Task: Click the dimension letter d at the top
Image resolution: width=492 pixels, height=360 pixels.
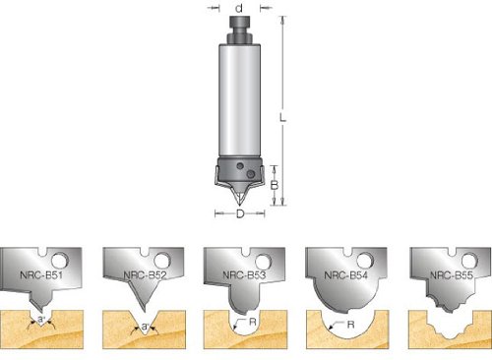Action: click(239, 8)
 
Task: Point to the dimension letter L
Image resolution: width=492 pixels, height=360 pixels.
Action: click(282, 117)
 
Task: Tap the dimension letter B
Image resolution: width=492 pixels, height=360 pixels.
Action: click(275, 185)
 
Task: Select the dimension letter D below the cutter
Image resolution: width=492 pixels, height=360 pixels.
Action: click(240, 213)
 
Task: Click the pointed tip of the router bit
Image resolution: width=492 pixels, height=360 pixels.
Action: click(240, 205)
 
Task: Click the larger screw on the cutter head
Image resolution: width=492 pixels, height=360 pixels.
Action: click(251, 173)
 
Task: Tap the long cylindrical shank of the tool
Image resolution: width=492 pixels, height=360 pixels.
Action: click(240, 100)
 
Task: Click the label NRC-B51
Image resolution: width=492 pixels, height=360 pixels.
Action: click(41, 274)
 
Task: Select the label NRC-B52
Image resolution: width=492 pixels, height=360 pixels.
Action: click(145, 274)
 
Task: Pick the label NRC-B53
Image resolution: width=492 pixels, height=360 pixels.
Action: click(244, 274)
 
